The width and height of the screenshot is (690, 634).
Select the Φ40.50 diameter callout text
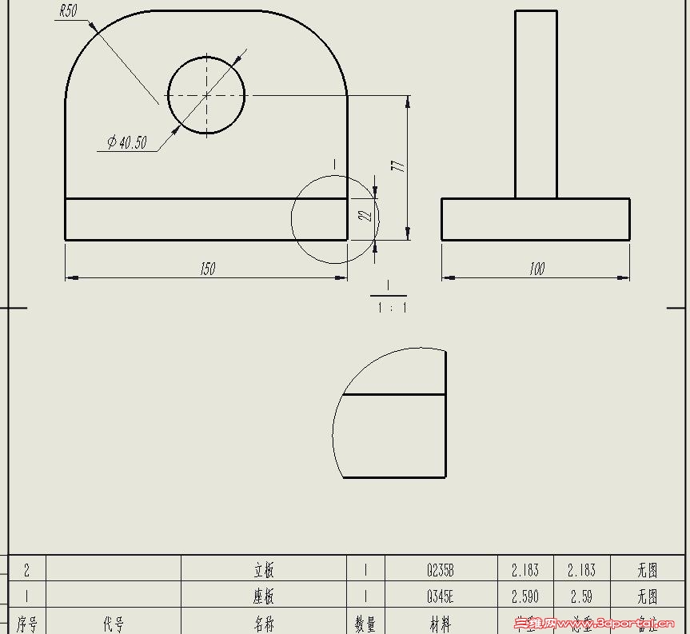point(126,143)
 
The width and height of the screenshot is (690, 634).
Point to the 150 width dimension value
point(207,269)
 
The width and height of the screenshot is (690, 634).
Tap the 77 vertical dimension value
point(398,165)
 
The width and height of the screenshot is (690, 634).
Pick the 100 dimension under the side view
point(536,269)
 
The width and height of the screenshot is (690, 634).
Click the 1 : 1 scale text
point(391,307)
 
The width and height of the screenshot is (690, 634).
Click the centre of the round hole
point(206,95)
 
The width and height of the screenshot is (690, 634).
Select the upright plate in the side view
point(536,104)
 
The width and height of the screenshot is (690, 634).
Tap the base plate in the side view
point(536,219)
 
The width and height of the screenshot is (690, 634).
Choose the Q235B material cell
point(441,570)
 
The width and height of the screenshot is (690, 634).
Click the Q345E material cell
point(441,596)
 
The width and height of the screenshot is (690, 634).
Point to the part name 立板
point(264,570)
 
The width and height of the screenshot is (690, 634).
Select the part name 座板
point(264,596)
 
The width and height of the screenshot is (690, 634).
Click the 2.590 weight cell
point(524,596)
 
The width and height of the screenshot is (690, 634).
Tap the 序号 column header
point(27,624)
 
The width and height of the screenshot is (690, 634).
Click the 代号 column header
point(114,624)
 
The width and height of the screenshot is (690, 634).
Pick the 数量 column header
point(365,624)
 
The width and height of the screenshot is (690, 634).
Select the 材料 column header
point(441,624)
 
